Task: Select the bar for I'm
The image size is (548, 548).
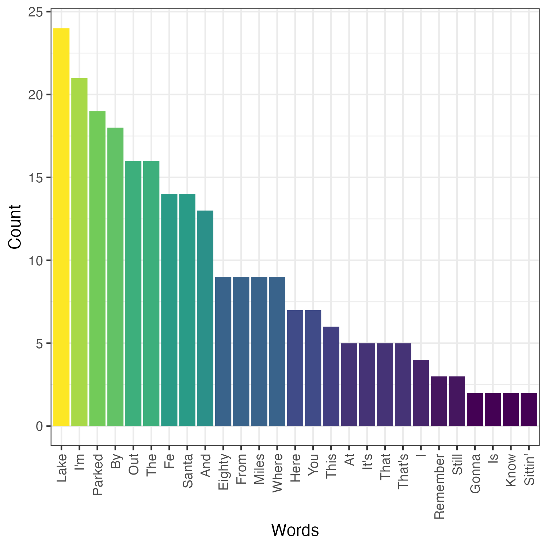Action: click(x=79, y=252)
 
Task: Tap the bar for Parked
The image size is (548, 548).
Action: click(x=97, y=269)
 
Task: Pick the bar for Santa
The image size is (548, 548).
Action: click(x=187, y=310)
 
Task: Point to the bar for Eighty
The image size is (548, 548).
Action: click(x=223, y=351)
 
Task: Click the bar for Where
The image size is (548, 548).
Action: click(x=277, y=351)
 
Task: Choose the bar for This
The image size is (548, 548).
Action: click(x=331, y=376)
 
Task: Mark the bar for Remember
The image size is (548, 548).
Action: click(x=439, y=401)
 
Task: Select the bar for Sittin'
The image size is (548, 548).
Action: click(x=529, y=410)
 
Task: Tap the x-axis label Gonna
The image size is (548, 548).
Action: click(x=475, y=473)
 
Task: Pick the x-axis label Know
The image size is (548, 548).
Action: click(x=511, y=470)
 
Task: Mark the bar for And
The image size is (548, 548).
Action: click(x=205, y=318)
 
